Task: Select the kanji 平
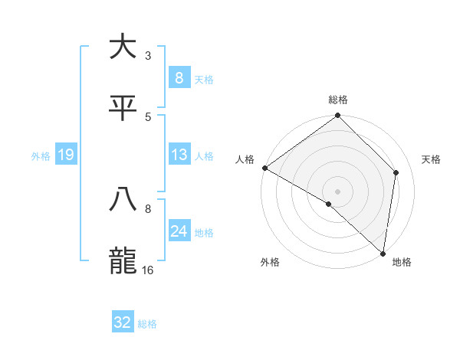(123, 108)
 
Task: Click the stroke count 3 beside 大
(148, 56)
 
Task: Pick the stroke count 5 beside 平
(148, 117)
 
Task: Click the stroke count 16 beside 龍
(148, 270)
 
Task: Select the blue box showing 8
(179, 77)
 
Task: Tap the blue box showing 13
(179, 155)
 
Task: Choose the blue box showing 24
(179, 231)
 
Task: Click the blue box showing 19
(65, 155)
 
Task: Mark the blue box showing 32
(123, 322)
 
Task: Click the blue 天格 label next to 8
(204, 79)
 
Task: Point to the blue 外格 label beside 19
(41, 156)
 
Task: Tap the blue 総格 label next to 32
(147, 324)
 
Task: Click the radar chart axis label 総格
(338, 100)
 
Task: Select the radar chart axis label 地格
(402, 263)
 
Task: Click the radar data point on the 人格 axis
(264, 168)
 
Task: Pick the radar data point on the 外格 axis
(329, 204)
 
